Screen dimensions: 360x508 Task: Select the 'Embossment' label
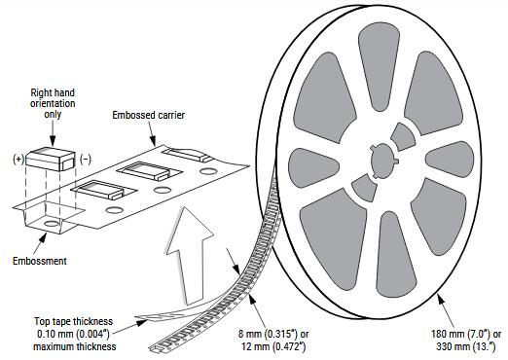[39, 261]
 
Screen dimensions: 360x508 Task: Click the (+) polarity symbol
[18, 158]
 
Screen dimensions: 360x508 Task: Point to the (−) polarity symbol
[85, 158]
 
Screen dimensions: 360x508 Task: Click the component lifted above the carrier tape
[51, 158]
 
